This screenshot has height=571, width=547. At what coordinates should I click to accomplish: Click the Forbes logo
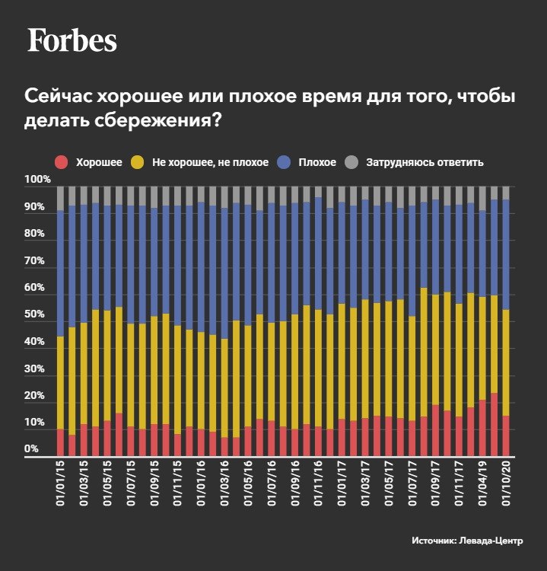pos(72,40)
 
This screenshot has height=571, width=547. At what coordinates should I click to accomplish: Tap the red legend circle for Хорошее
pos(62,162)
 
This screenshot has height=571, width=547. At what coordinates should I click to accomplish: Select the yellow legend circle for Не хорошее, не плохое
pos(138,162)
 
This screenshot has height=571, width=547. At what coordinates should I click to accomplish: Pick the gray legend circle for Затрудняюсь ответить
pos(351,162)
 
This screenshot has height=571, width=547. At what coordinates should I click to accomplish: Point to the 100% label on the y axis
pos(37,180)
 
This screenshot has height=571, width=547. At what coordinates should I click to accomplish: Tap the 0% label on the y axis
pos(31,449)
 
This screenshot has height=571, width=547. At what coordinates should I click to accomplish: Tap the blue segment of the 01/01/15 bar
pos(61,273)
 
